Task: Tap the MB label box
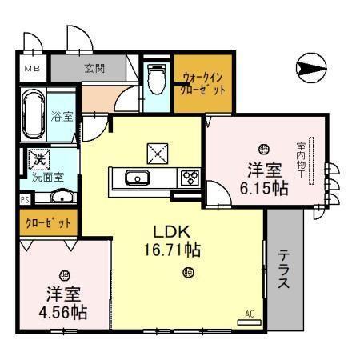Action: pyautogui.click(x=31, y=69)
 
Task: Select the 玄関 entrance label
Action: pyautogui.click(x=94, y=69)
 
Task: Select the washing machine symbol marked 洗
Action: pyautogui.click(x=38, y=160)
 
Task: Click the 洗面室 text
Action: pyautogui.click(x=49, y=175)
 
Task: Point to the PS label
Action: pyautogui.click(x=25, y=199)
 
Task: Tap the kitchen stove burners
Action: pyautogui.click(x=190, y=178)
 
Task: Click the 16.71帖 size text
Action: pyautogui.click(x=166, y=250)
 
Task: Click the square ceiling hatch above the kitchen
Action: pyautogui.click(x=155, y=152)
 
